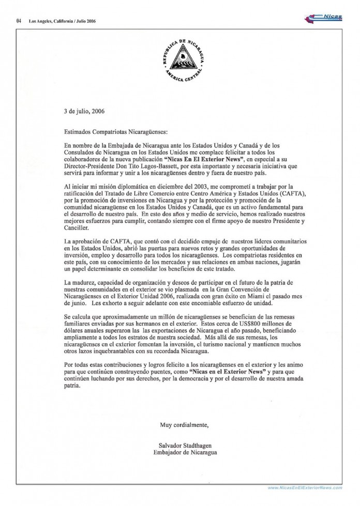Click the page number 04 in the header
coord(19,21)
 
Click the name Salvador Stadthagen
coord(184,444)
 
